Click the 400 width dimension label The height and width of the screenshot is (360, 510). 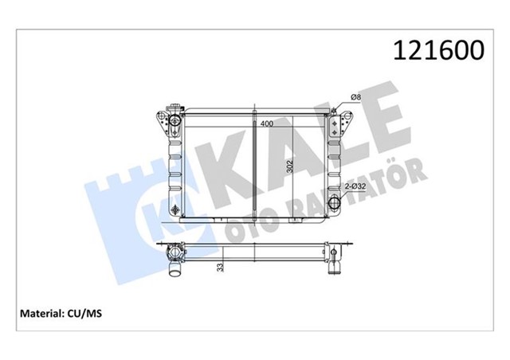(266, 124)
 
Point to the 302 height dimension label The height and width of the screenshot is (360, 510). (290, 166)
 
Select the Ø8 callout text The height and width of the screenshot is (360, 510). (356, 98)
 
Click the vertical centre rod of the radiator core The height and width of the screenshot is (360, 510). (253, 167)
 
